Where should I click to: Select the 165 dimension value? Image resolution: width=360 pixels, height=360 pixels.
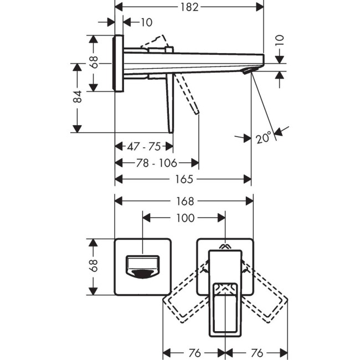184,179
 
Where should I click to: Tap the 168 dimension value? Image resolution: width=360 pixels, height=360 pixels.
184,201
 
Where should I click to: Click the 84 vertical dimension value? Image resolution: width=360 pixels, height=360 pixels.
78,97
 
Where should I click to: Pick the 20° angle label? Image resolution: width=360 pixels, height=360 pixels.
264,137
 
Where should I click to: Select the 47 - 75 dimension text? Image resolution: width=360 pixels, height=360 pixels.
143,147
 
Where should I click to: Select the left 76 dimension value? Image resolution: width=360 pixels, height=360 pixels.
194,353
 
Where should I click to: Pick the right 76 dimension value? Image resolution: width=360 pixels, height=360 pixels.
256,353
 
